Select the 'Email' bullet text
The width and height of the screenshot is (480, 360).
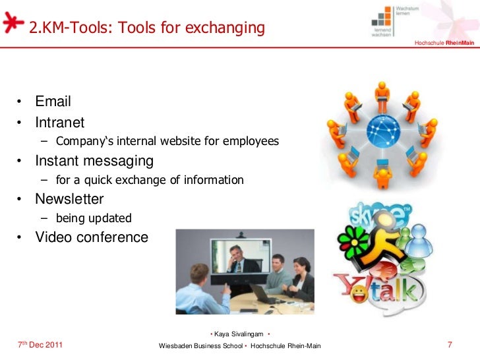(x=53, y=102)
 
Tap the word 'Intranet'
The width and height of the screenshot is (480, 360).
(x=59, y=122)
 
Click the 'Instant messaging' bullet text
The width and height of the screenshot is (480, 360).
(x=94, y=161)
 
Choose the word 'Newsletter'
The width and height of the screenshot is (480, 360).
(x=69, y=198)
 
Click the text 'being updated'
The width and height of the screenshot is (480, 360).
(x=94, y=218)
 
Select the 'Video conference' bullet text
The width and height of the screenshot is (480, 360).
(x=92, y=237)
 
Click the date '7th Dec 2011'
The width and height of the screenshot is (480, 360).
(x=40, y=345)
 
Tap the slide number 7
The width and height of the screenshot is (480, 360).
(x=450, y=345)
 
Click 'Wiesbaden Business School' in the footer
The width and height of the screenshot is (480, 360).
(x=201, y=346)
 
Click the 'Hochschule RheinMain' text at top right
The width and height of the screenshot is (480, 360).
(x=444, y=44)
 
